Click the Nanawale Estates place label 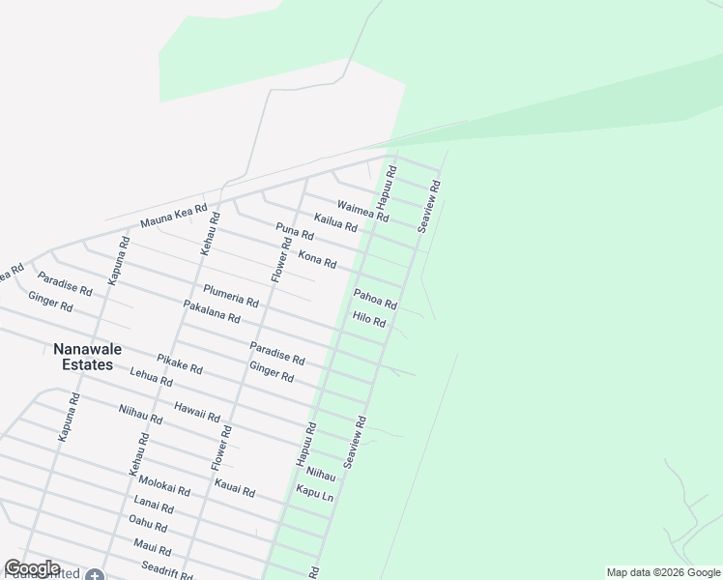97,356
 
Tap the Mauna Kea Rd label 174,216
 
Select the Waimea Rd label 362,211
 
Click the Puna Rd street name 295,232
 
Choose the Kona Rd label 317,259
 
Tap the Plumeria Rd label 231,296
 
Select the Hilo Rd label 369,319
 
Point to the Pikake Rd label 180,363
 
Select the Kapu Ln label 315,493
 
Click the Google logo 32,568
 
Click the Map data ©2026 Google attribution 663,572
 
